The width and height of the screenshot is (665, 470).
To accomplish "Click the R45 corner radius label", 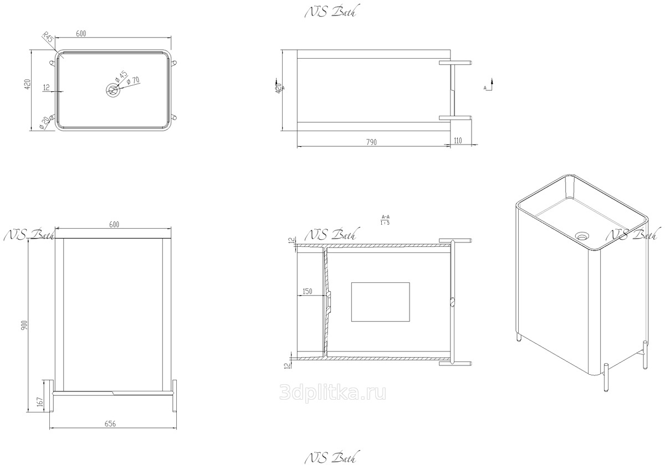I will point(48,39).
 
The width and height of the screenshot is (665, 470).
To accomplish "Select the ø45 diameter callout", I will point(121,76).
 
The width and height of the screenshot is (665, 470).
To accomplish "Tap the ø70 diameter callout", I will point(133,81).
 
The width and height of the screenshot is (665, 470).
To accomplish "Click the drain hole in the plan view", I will point(114,90).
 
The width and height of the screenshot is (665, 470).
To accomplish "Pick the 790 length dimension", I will point(371,142).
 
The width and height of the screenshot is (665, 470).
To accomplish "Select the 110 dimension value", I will point(457,141).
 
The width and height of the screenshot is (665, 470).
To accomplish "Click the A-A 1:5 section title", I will point(385,220).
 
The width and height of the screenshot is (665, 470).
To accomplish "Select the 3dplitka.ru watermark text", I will point(334,392).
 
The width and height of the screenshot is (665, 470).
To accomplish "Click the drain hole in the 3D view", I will point(581,235).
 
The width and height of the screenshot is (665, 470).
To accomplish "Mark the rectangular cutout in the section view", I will point(381,302).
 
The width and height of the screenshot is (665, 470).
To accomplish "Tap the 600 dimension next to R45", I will point(81,34).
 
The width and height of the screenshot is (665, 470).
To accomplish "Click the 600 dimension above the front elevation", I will point(114,224).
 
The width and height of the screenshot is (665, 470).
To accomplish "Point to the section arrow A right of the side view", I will point(487,87).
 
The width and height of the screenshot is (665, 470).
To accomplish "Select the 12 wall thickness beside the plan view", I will point(46,87).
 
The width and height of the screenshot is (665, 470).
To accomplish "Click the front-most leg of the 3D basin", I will point(606,378).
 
